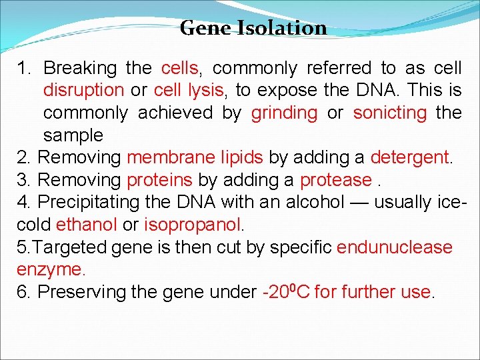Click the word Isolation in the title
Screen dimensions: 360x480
pos(287,28)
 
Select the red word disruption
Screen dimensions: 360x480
pos(83,90)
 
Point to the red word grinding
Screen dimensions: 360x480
pos(284,113)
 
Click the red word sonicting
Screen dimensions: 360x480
pos(389,113)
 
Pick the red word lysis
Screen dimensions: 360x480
pos(207,90)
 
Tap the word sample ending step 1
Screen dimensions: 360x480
pos(73,135)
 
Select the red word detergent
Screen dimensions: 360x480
pos(411,158)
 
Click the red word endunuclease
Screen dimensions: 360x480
pos(395,247)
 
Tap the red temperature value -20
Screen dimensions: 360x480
pos(277,292)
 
